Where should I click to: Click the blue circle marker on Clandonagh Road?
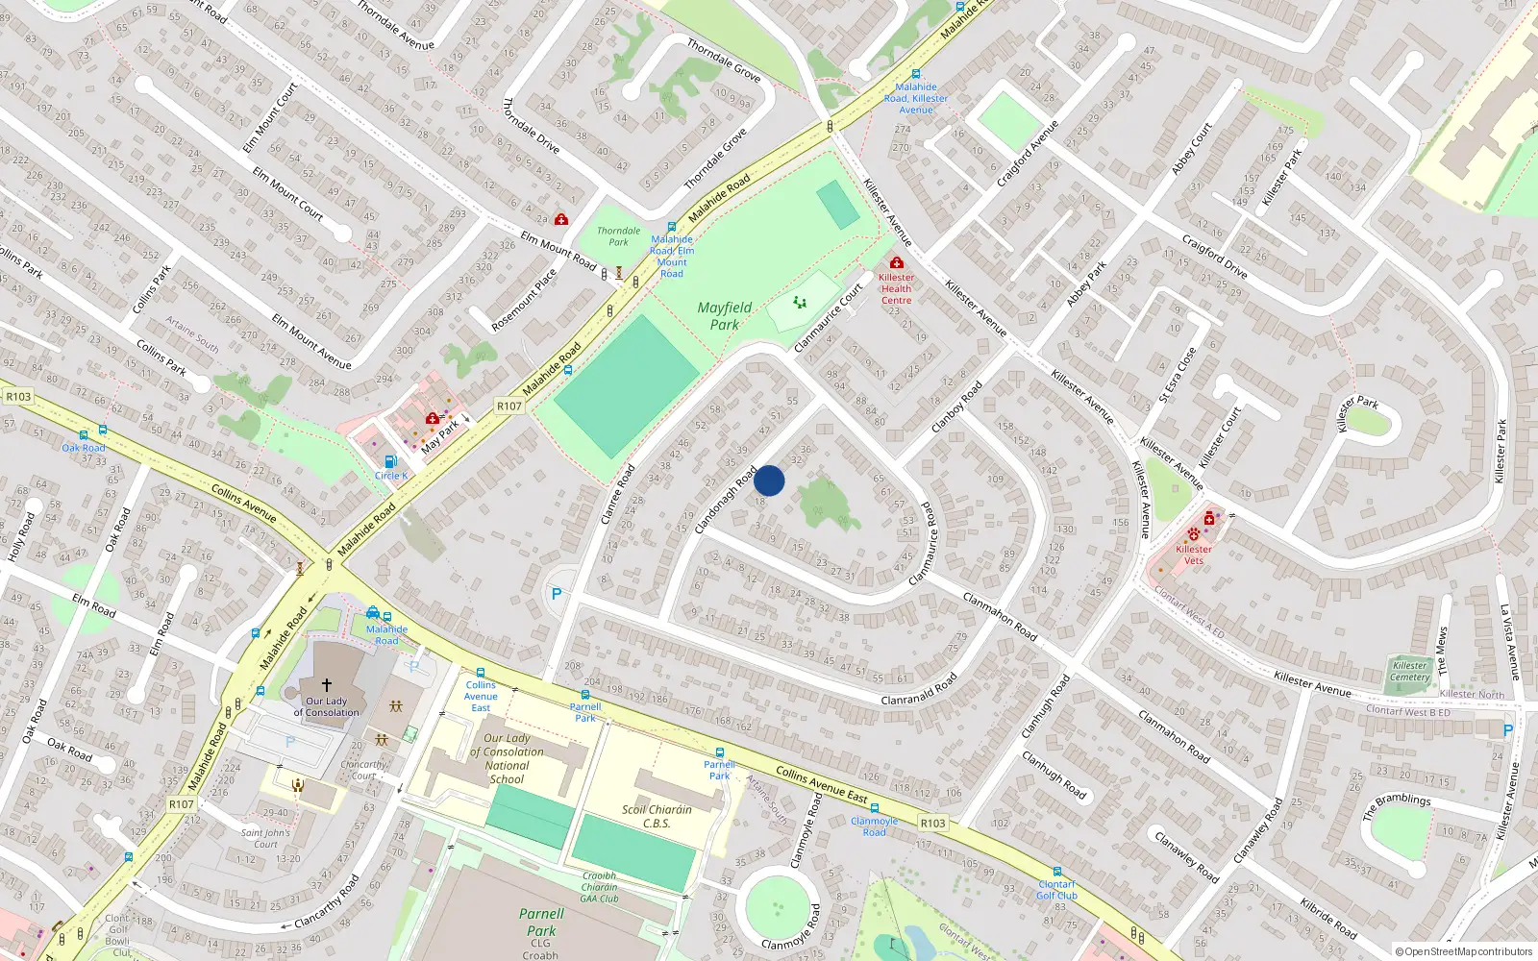769,480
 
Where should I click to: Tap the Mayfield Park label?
725,316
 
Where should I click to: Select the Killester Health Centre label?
896,288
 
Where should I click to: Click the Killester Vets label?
1193,554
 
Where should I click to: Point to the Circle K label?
391,476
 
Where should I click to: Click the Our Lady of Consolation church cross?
327,685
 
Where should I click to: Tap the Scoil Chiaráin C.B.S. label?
657,816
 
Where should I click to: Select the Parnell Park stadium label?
541,922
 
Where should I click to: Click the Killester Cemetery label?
1409,671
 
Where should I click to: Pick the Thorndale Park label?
618,235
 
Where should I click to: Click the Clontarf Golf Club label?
1056,890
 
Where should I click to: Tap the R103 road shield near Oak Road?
18,396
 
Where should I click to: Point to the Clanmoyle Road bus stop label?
874,826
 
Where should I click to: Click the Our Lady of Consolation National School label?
507,759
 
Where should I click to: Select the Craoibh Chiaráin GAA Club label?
599,887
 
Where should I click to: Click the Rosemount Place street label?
524,300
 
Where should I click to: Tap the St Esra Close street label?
1178,375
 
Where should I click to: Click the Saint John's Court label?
265,838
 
